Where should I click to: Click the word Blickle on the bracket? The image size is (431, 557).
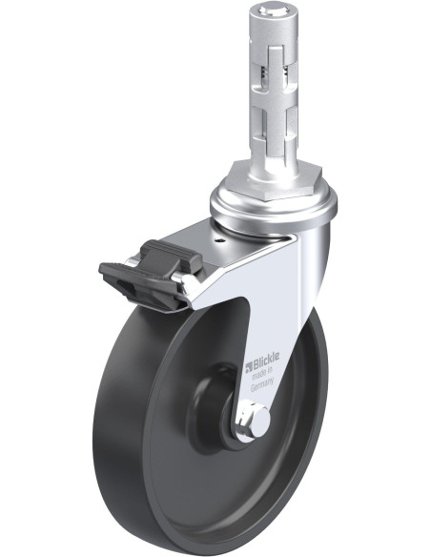coord(266,360)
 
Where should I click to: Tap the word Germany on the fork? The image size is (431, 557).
coord(262,385)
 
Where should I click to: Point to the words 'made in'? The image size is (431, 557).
coord(262,373)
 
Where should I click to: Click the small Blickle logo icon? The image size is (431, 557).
coord(248,366)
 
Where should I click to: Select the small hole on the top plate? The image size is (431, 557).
coord(220,240)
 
